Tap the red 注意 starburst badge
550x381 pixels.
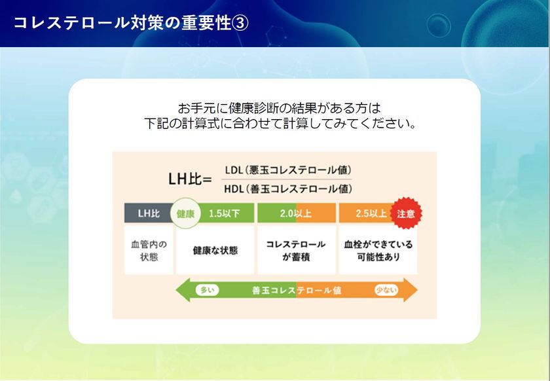point(406,213)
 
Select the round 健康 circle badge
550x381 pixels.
point(185,213)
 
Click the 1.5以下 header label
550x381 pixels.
point(225,213)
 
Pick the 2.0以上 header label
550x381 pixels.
point(296,213)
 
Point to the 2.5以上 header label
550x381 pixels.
point(371,213)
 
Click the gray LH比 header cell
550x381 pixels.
point(149,213)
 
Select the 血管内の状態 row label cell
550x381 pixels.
point(149,251)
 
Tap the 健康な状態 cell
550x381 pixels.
point(215,251)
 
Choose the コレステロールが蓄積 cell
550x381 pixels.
point(297,251)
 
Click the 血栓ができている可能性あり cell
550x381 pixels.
point(378,251)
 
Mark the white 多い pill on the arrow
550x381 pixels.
point(207,290)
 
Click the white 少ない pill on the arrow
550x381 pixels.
point(386,290)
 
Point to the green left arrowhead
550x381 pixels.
point(183,290)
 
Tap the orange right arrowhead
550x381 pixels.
point(411,290)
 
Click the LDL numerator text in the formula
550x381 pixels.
point(288,170)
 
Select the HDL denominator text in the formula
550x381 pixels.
point(288,189)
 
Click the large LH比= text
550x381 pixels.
point(190,179)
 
